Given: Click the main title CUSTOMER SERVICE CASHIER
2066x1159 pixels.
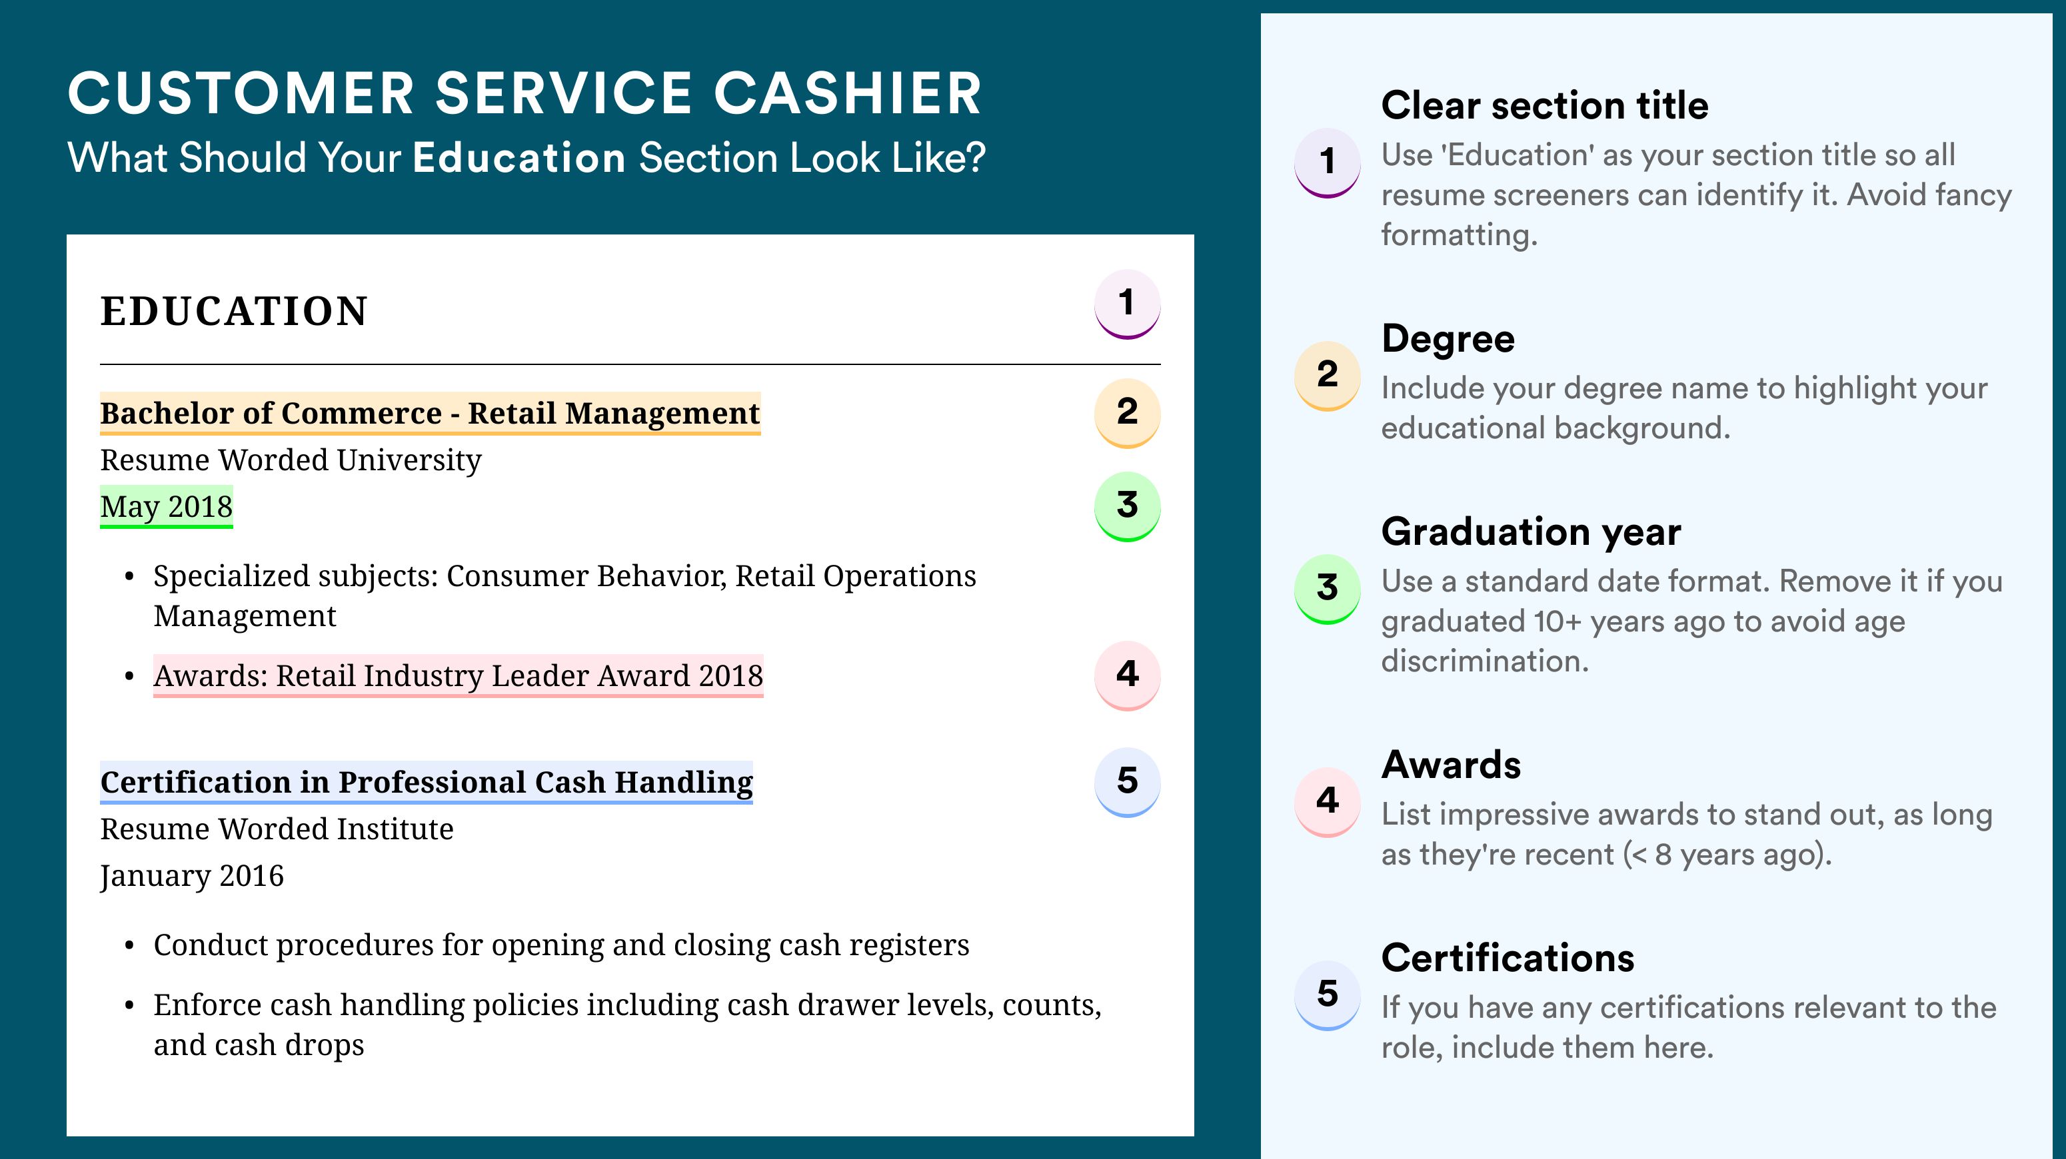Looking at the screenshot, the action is [525, 93].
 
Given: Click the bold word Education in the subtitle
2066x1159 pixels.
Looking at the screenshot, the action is [519, 157].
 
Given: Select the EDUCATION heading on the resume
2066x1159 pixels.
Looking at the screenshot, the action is [233, 311].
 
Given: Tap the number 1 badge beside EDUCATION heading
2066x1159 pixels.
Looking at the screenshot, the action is [1127, 304].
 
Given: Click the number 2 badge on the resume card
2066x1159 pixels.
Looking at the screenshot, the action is [1127, 413].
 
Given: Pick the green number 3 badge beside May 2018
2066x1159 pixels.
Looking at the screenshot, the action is [1127, 506].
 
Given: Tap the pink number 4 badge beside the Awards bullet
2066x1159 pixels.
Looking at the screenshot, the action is [1127, 675].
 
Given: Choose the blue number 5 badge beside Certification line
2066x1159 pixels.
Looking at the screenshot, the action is [1127, 782].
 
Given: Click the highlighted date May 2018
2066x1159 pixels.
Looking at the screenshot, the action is [166, 506].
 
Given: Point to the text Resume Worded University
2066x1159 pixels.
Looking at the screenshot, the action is [291, 460].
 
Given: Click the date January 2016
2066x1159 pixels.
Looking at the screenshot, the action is [192, 875].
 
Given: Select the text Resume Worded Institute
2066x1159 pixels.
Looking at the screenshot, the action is [277, 829].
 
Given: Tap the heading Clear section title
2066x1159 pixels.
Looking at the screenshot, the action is [1545, 105].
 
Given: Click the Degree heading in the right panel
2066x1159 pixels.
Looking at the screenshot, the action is [1448, 339].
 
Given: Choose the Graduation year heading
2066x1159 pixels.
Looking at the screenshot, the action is [1531, 532].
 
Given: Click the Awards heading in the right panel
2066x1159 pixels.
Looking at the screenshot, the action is [1451, 765].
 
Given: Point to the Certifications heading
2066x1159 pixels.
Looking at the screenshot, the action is [1508, 958].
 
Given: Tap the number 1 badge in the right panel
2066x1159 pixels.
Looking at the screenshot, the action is [1328, 163].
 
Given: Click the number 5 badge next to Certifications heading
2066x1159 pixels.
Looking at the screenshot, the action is [1328, 994].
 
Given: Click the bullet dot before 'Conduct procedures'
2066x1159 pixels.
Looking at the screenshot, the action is [129, 947].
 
